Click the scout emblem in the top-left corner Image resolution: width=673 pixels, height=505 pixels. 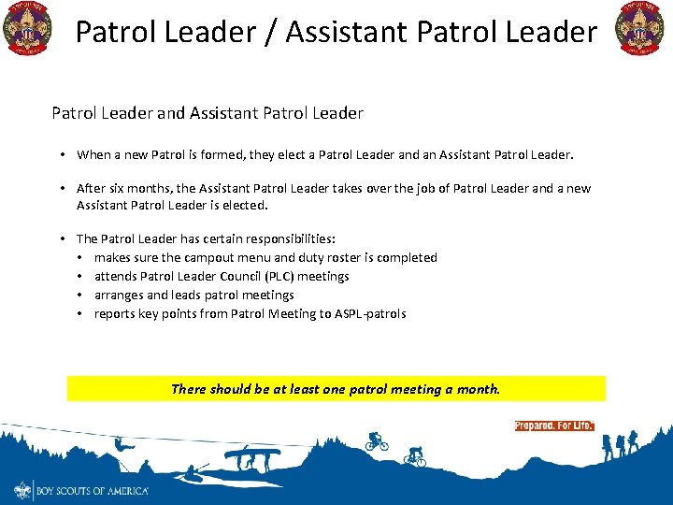(x=28, y=28)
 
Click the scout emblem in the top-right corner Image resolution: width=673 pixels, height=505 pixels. (x=638, y=28)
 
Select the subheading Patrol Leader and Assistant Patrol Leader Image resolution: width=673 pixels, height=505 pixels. (x=208, y=113)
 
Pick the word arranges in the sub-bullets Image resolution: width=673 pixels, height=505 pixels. (x=120, y=295)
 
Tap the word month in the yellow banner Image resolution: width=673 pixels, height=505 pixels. (x=477, y=389)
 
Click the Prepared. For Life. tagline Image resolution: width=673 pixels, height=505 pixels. (x=553, y=426)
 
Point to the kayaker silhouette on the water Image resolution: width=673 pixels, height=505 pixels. (x=195, y=470)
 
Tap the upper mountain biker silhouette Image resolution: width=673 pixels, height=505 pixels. (x=376, y=441)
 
